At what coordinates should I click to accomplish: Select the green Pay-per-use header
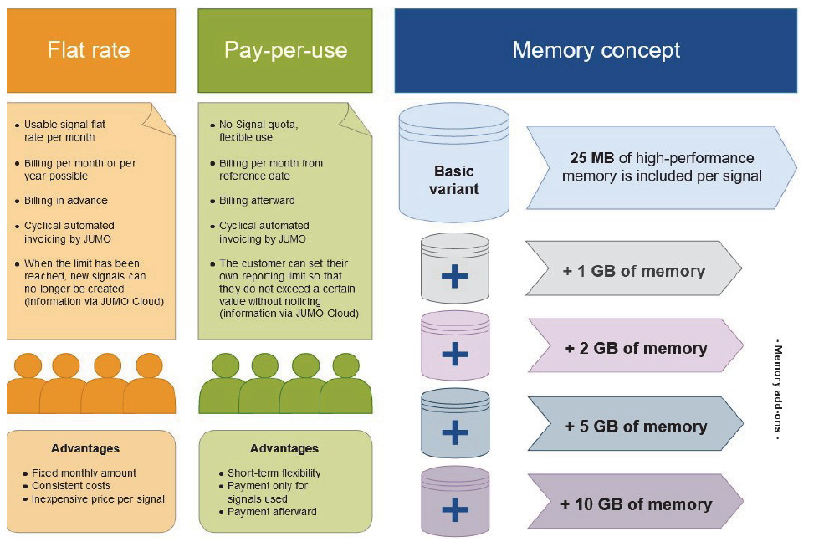[x=285, y=50]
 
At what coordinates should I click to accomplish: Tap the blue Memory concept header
[x=596, y=50]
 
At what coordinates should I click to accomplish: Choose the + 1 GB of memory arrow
[x=633, y=271]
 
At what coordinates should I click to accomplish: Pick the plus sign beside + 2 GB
[x=454, y=353]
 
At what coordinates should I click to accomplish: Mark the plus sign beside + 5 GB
[x=454, y=431]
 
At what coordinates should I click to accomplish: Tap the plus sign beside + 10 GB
[x=454, y=509]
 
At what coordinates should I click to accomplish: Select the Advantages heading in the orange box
[x=84, y=448]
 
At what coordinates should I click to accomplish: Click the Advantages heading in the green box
[x=284, y=449]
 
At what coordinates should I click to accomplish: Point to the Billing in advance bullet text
[x=65, y=201]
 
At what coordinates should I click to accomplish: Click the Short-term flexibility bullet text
[x=274, y=473]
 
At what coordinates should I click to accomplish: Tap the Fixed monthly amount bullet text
[x=84, y=473]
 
